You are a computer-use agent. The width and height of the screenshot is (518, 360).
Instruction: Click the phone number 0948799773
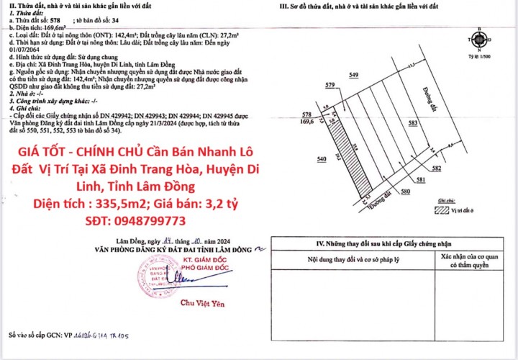[145, 220]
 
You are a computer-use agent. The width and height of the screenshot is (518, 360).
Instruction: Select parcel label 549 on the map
[353, 75]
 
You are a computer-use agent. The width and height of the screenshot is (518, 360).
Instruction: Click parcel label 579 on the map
[330, 86]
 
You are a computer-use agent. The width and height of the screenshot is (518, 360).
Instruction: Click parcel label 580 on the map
[405, 192]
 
